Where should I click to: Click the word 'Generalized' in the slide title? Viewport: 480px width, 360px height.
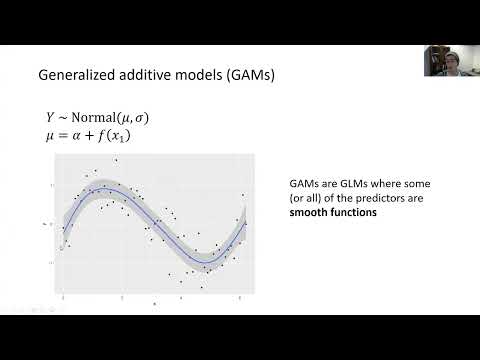click(73, 74)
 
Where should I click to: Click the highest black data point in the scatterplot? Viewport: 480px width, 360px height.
click(117, 160)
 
